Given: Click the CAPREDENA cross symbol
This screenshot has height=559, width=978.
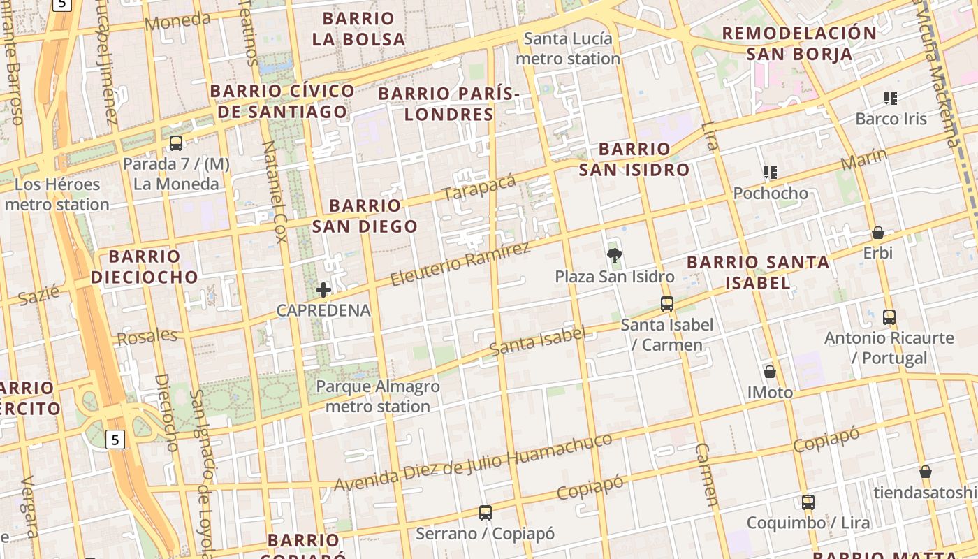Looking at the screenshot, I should click(323, 290).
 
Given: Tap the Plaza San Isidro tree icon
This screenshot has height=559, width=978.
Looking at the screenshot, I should click(615, 256).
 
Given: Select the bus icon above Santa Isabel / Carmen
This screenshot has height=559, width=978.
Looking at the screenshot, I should click(667, 304).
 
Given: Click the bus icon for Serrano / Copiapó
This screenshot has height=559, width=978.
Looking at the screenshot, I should click(486, 513).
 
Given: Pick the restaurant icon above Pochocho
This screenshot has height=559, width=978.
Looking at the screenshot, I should click(771, 173).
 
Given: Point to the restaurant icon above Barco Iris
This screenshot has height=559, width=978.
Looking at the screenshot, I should click(891, 98).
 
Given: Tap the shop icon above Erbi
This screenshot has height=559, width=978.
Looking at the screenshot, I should click(878, 233).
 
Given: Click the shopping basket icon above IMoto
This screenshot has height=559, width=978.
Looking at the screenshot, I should click(770, 372).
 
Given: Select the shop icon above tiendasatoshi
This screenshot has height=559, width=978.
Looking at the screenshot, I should click(926, 472).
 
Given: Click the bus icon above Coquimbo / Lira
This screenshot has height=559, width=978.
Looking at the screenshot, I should click(808, 502).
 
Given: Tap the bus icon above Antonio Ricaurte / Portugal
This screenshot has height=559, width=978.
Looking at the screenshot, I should click(889, 317).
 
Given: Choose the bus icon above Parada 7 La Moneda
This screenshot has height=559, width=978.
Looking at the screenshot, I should click(176, 143).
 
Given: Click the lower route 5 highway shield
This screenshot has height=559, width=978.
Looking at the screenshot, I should click(116, 440).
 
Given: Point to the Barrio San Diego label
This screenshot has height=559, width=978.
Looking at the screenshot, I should click(365, 215).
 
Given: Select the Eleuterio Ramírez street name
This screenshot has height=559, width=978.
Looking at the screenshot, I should click(460, 263).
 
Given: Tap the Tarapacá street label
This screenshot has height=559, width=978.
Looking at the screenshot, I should click(479, 187).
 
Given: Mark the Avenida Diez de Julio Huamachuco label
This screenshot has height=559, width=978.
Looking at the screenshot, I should click(474, 462).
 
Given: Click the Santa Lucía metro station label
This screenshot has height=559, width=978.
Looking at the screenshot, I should click(568, 48).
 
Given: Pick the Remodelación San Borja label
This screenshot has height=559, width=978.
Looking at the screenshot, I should click(799, 43).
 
